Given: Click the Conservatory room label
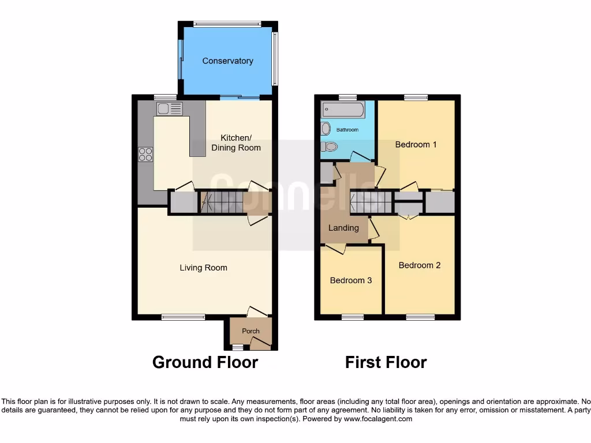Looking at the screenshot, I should (227, 61).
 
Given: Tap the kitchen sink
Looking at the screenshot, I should (169, 108).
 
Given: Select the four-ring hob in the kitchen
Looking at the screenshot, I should (145, 154).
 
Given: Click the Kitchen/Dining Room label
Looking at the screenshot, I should (236, 142).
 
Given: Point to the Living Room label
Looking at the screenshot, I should (203, 268).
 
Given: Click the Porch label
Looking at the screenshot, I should (250, 331).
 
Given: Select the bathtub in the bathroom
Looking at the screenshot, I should (343, 109).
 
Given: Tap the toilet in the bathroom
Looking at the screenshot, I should (328, 147).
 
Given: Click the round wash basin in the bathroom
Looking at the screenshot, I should (326, 128).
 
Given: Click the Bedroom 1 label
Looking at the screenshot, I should (416, 144).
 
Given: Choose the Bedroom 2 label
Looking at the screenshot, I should (420, 265).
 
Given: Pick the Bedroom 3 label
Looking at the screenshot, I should (351, 280).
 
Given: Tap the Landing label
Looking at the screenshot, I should (343, 228).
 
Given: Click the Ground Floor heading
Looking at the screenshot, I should (205, 362).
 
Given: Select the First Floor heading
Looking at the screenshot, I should (386, 362).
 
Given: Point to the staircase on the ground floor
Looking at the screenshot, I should (222, 202).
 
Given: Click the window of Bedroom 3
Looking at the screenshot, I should (352, 317).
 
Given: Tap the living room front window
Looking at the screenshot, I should (183, 317).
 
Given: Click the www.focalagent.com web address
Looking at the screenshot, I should (379, 419).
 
